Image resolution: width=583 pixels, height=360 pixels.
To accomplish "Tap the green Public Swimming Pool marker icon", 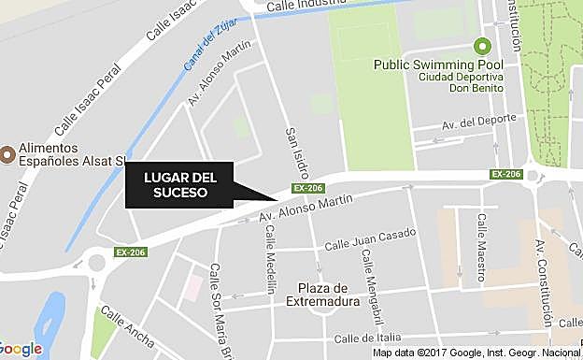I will click(483, 45).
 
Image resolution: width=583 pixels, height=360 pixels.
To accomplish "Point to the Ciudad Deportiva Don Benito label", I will click(461, 81).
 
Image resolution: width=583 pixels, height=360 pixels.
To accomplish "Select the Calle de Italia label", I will click(367, 338).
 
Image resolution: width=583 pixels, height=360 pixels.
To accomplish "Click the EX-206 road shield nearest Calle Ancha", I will click(132, 252).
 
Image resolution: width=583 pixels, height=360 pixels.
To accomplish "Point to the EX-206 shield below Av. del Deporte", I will click(505, 174).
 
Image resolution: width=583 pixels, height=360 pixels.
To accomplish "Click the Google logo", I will click(21, 348).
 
